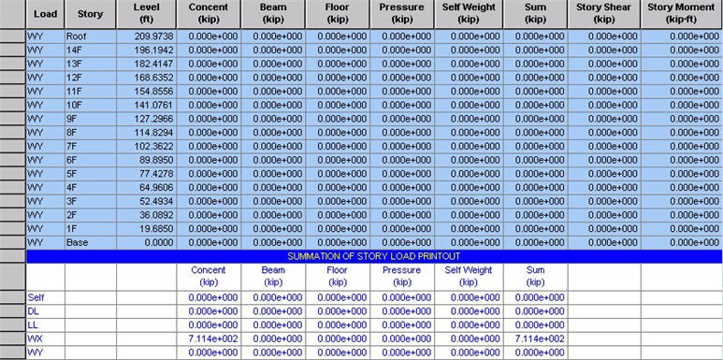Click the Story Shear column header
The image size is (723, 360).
tap(604, 13)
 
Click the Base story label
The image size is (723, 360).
tap(77, 243)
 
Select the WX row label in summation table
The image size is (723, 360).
tap(36, 338)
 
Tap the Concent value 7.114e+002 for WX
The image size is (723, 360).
tap(213, 338)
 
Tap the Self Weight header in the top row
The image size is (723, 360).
tap(468, 13)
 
